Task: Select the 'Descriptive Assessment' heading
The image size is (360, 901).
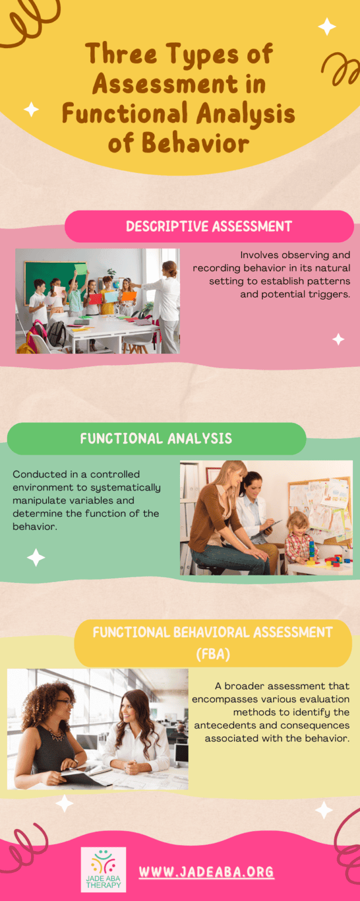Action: tap(209, 226)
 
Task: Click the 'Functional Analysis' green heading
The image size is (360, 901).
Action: tap(156, 438)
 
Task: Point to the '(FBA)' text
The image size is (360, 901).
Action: tap(213, 654)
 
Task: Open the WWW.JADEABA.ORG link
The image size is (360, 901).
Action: tap(206, 872)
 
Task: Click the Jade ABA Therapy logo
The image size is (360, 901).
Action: tap(103, 869)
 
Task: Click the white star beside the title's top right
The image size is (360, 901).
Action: tap(327, 26)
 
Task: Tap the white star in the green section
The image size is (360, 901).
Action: tap(36, 557)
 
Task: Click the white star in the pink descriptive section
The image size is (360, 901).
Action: tap(338, 339)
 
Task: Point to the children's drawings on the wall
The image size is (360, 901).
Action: tap(320, 502)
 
